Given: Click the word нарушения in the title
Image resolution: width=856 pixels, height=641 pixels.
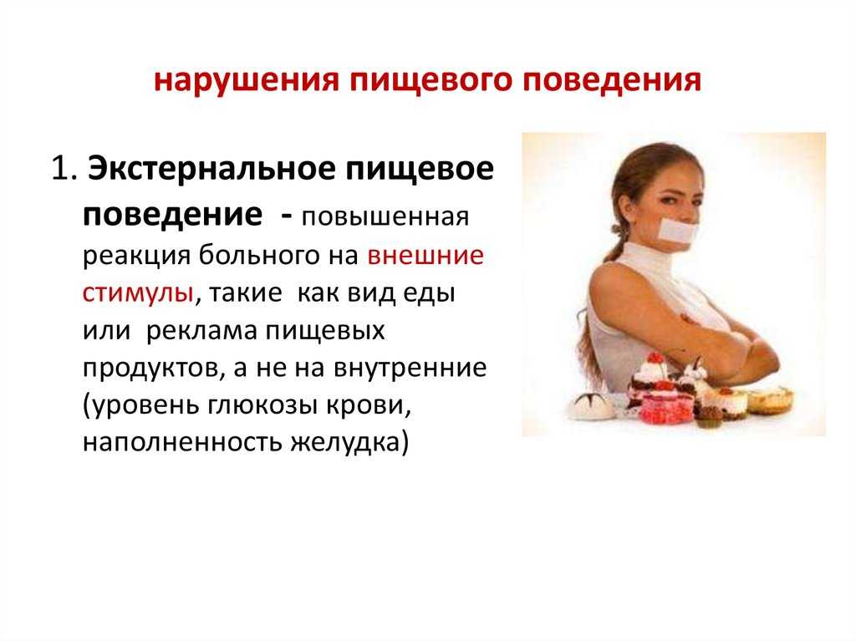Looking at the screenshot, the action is tap(247, 80).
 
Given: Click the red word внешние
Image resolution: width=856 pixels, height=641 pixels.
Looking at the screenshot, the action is tap(425, 256).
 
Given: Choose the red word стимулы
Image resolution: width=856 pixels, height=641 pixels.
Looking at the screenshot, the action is tap(138, 293).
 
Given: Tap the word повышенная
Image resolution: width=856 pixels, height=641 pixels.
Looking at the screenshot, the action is tap(385, 217).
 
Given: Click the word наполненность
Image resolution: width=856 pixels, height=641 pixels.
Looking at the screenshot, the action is tap(182, 443).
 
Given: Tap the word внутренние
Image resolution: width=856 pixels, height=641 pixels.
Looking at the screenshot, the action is tap(410, 368).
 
